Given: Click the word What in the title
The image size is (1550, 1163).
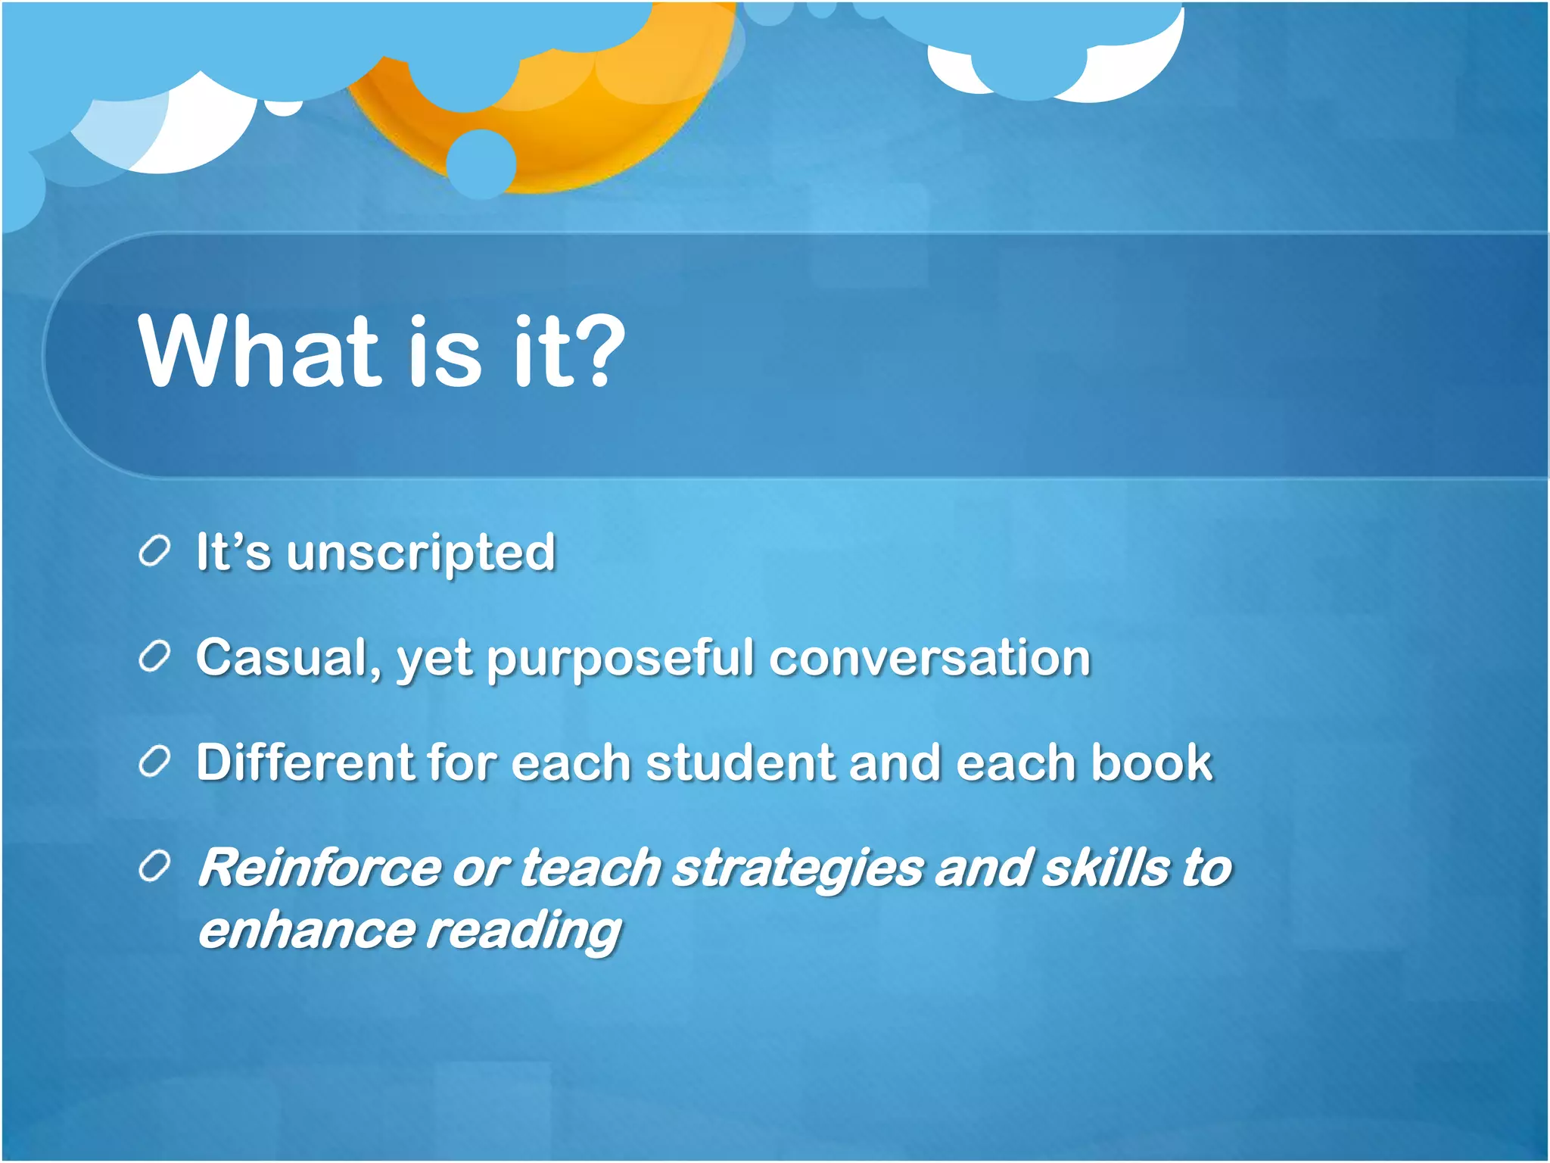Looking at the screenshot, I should (x=257, y=351).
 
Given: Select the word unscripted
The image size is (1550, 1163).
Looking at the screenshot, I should (x=421, y=553).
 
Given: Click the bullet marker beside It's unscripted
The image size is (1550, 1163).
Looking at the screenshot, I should (x=154, y=551).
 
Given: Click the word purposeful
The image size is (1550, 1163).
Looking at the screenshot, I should (x=620, y=659).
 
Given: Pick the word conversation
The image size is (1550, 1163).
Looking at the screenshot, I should (x=930, y=657).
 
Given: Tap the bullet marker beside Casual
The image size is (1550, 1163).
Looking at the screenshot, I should (x=154, y=656).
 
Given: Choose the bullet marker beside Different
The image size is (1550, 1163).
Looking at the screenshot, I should (x=154, y=761).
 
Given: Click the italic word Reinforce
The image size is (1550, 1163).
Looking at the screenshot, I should (x=319, y=868).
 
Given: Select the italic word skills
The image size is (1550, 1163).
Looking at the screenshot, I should (x=1106, y=868).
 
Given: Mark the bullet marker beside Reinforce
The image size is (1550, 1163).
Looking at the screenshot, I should (x=154, y=866).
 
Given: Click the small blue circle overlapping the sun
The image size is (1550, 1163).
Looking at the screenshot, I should (x=481, y=164).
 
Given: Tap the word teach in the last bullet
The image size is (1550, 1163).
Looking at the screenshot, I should (x=591, y=868).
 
